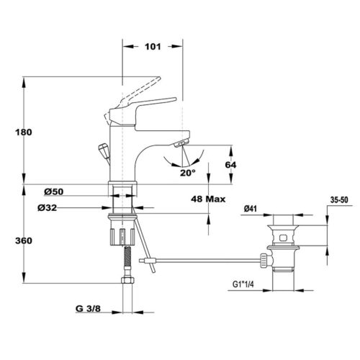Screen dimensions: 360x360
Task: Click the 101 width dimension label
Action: click(153, 47)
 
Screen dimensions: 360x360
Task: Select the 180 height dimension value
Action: click(24, 132)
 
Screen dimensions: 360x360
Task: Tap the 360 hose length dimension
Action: click(24, 240)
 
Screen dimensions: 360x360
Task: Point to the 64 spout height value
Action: click(230, 165)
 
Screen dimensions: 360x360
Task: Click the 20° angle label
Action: click(188, 173)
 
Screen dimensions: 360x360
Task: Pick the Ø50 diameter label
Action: click(54, 192)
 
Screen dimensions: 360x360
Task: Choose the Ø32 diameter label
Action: click(48, 208)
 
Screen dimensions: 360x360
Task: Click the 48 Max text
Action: click(208, 199)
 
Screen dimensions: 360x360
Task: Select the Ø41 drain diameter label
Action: click(251, 209)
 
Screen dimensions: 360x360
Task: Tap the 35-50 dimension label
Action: click(339, 200)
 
